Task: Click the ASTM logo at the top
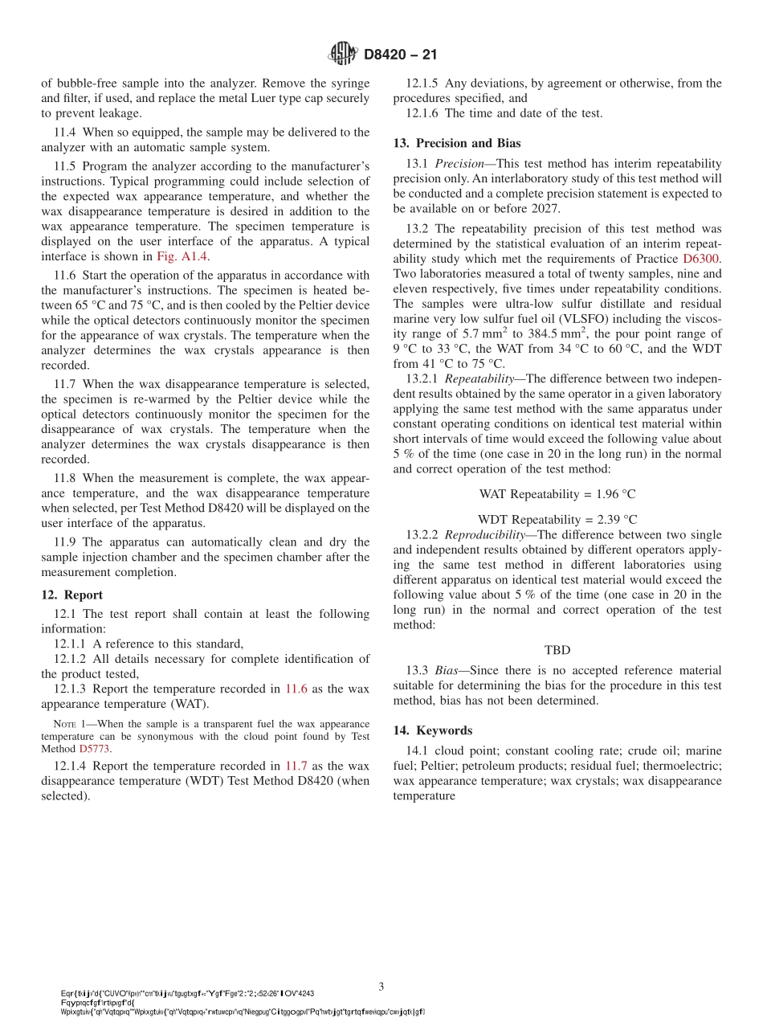[x=342, y=54]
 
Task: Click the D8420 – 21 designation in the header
[x=400, y=55]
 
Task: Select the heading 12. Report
[x=72, y=595]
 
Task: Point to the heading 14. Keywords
[x=433, y=730]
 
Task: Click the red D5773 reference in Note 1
[x=95, y=748]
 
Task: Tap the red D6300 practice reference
[x=701, y=259]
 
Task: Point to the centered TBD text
[x=557, y=650]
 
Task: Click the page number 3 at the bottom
[x=381, y=986]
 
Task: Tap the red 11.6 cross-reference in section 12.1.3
[x=296, y=689]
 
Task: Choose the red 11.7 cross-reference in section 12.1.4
[x=296, y=766]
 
